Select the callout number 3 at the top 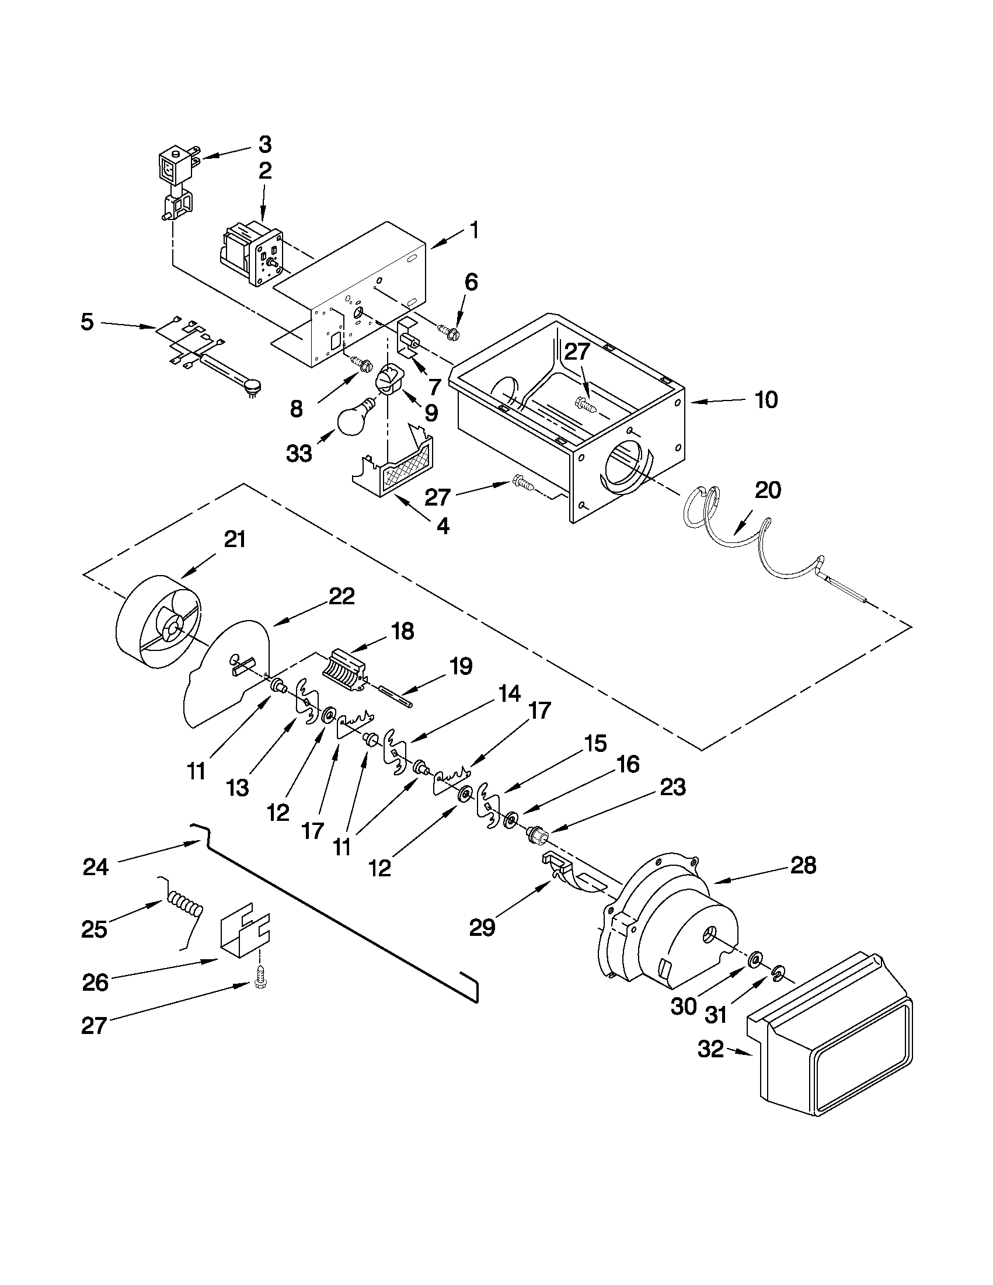264,144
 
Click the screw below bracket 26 259,978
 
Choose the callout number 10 766,400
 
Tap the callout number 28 804,865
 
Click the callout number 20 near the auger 768,490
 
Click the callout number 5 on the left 87,322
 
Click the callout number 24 95,866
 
